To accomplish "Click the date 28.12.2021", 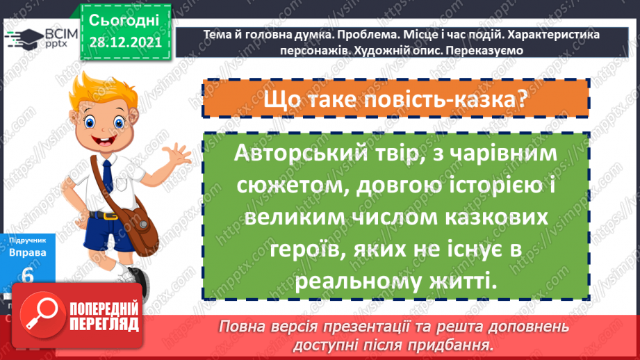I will point(124,42).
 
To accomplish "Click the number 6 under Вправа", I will point(28,275).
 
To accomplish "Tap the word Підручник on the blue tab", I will point(28,238).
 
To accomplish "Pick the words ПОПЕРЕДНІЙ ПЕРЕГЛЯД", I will point(104,317).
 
